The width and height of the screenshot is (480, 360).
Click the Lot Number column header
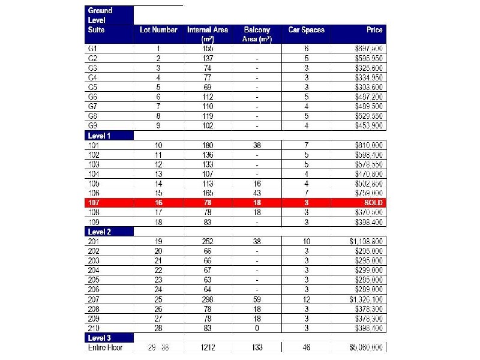[158, 30]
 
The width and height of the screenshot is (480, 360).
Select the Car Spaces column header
[306, 30]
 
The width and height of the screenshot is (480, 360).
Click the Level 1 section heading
[100, 136]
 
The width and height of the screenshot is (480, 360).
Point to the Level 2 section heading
[100, 232]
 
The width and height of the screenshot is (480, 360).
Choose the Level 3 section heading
[100, 338]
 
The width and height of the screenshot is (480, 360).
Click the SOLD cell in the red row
[373, 203]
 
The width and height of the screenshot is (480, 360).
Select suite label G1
[92, 49]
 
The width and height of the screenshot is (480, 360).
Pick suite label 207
[94, 299]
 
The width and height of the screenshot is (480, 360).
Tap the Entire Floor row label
[105, 348]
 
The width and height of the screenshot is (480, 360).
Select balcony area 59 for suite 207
[257, 299]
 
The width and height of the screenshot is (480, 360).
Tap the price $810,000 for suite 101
[369, 145]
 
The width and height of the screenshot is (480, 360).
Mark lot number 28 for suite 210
[158, 328]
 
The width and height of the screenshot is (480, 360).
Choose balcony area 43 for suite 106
[257, 193]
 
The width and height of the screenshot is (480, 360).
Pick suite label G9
[92, 126]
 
